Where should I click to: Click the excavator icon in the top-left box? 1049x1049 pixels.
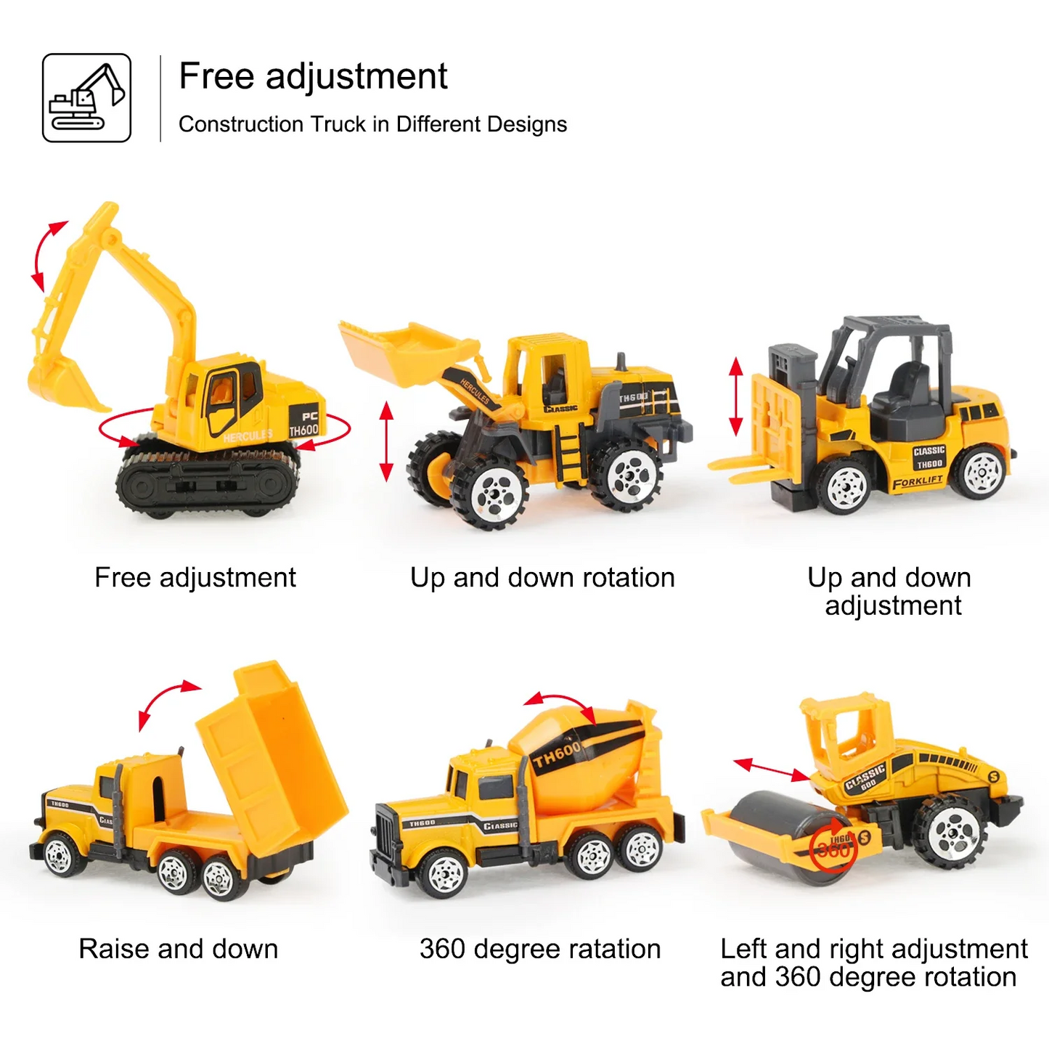pos(86,98)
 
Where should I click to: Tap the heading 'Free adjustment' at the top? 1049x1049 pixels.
pos(313,76)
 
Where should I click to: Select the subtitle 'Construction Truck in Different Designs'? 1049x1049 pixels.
pos(372,124)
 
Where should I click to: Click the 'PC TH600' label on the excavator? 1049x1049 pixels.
pos(304,424)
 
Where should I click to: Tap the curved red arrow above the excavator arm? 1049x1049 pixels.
pos(47,254)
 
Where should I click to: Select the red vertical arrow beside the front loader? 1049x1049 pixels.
pos(386,441)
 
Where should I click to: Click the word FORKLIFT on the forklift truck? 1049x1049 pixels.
pos(918,482)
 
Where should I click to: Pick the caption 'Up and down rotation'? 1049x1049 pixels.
pos(542,578)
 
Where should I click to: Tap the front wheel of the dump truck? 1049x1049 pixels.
pos(60,855)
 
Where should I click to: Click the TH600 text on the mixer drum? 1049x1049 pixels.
pos(558,755)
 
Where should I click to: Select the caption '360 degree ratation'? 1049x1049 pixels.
pos(540,949)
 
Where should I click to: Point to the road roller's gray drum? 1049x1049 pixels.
pos(777,835)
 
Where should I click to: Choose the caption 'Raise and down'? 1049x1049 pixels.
pos(179,949)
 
